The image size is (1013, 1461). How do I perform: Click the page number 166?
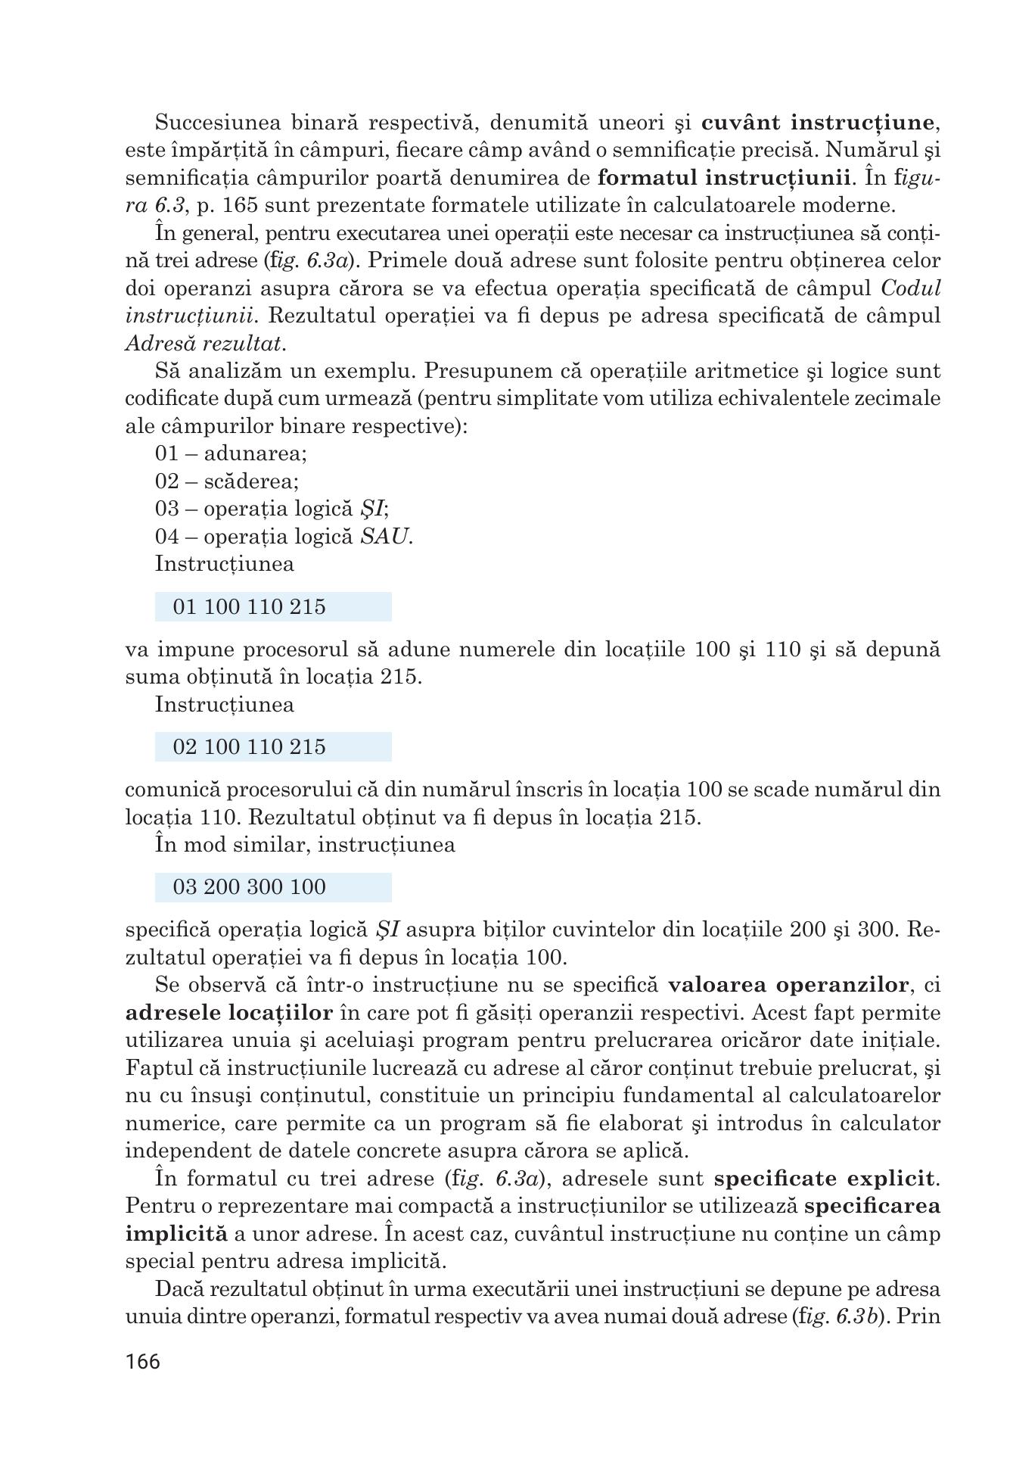[x=143, y=1362]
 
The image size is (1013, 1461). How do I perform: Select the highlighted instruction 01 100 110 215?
[x=249, y=607]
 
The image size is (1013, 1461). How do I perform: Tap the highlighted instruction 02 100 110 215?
[x=249, y=747]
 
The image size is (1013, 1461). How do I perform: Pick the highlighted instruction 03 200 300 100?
[x=249, y=887]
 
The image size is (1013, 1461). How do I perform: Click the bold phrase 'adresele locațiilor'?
[x=228, y=1013]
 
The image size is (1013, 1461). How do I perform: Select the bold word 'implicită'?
[x=176, y=1234]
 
